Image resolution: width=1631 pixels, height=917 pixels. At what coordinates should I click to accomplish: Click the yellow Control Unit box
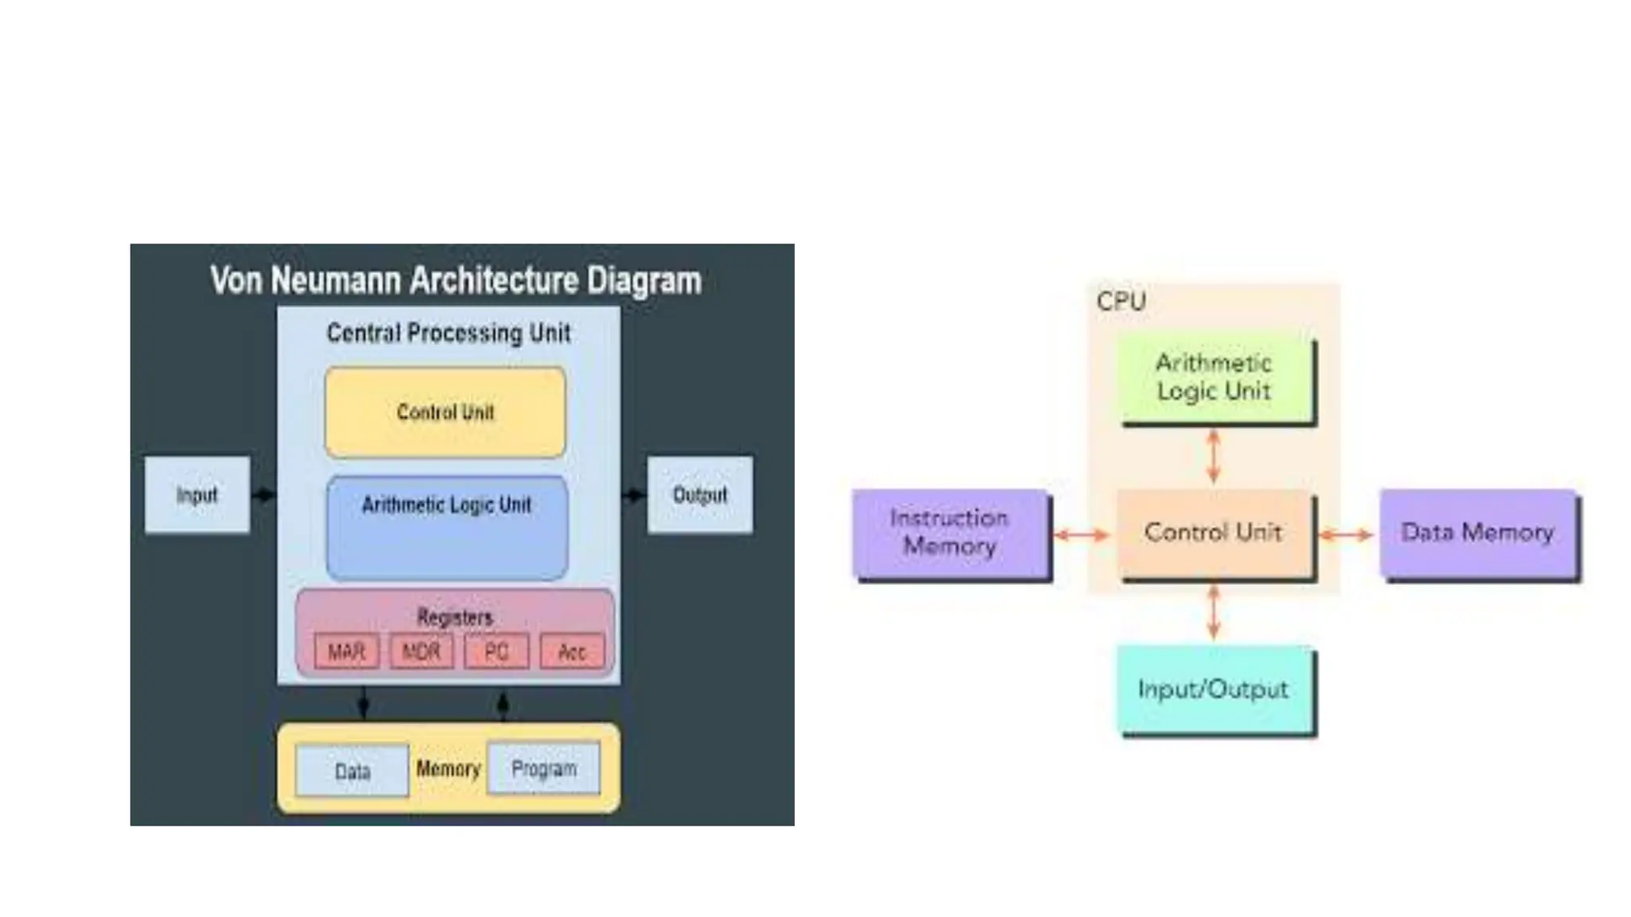pyautogui.click(x=445, y=412)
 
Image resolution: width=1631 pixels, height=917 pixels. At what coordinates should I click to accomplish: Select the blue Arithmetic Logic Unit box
pyautogui.click(x=447, y=527)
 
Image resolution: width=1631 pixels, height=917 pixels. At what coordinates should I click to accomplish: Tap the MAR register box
pyautogui.click(x=346, y=652)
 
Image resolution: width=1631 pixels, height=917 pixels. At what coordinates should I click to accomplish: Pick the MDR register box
pyautogui.click(x=421, y=652)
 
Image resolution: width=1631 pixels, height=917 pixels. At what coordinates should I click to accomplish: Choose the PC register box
pyautogui.click(x=496, y=652)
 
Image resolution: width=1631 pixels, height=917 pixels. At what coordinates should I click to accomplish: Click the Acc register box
pyautogui.click(x=572, y=652)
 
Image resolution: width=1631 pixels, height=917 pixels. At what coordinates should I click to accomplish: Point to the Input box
pyautogui.click(x=197, y=494)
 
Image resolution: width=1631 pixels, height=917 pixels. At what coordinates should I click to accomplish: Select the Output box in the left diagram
pyautogui.click(x=699, y=494)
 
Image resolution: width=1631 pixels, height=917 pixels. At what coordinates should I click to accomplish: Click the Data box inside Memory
pyautogui.click(x=352, y=771)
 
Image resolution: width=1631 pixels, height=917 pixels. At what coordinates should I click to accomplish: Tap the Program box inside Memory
pyautogui.click(x=544, y=768)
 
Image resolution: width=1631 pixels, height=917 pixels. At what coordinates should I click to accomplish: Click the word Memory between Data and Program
pyautogui.click(x=448, y=768)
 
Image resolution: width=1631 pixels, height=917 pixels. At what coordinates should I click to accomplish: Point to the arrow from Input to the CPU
pyautogui.click(x=264, y=494)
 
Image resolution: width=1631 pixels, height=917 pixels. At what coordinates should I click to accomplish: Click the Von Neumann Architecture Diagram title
pyautogui.click(x=456, y=280)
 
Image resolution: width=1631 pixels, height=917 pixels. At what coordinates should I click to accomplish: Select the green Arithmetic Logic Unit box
pyautogui.click(x=1214, y=377)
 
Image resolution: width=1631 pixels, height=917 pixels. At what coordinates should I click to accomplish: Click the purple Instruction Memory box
pyautogui.click(x=949, y=532)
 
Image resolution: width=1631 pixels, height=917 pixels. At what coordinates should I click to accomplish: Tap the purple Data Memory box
pyautogui.click(x=1478, y=532)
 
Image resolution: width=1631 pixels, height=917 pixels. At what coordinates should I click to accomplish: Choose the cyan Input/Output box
pyautogui.click(x=1213, y=689)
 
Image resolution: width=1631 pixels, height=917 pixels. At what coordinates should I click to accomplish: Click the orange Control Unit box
pyautogui.click(x=1213, y=532)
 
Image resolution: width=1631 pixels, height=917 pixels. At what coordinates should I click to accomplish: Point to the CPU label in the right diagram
pyautogui.click(x=1121, y=301)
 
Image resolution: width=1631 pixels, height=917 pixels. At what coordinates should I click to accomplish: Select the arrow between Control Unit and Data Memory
pyautogui.click(x=1346, y=535)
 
